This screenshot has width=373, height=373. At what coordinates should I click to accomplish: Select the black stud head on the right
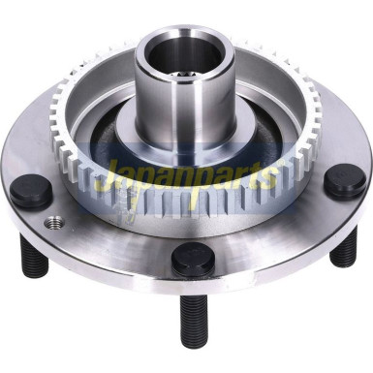[344, 181]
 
